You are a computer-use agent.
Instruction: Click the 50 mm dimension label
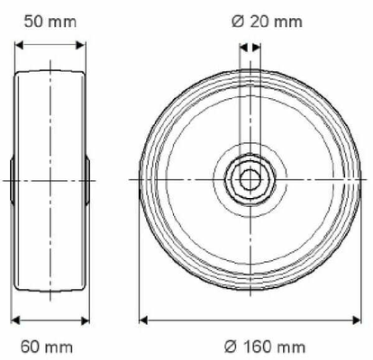point(50,22)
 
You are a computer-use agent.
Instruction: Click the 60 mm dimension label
point(47,347)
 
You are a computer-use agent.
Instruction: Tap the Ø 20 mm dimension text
point(267,22)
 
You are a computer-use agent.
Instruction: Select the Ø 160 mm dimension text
point(265,346)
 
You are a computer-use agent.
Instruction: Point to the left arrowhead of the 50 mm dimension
point(19,45)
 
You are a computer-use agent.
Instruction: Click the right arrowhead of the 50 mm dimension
point(80,45)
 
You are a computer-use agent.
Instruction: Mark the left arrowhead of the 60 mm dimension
point(15,320)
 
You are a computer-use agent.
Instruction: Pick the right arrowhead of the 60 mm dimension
point(86,320)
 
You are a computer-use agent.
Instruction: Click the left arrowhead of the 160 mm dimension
point(143,320)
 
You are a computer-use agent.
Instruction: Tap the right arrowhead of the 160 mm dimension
point(357,320)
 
